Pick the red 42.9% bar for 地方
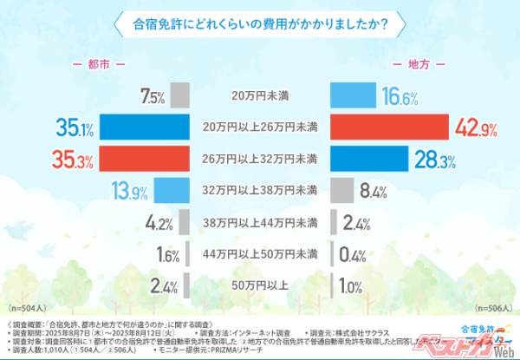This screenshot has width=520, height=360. click(x=389, y=128)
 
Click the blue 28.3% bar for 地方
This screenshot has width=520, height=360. click(x=368, y=160)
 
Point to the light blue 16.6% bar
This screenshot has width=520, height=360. click(x=354, y=95)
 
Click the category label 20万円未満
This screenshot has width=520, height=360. click(x=260, y=96)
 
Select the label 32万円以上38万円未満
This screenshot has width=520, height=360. click(x=260, y=190)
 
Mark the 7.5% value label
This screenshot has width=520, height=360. click(x=152, y=96)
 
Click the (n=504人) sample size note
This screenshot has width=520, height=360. click(x=29, y=308)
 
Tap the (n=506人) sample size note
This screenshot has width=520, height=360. click(x=492, y=308)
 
